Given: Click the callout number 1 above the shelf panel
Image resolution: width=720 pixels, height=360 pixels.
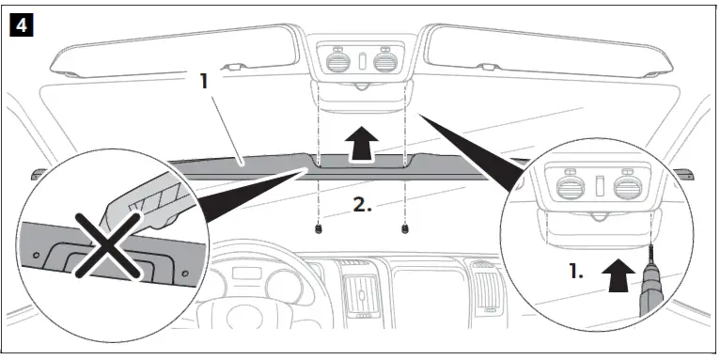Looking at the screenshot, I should pos(204,81).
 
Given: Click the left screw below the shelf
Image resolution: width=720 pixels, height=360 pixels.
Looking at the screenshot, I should pos(320,228).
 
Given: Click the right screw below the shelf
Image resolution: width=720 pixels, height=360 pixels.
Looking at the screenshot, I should pos(404,228).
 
